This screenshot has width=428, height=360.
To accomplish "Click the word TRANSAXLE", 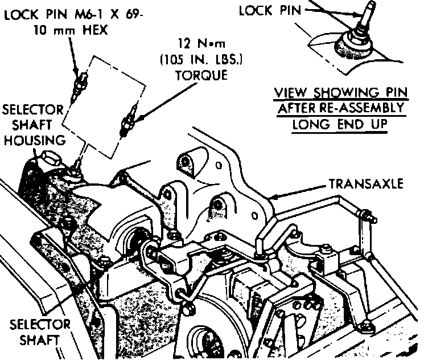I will (368, 185).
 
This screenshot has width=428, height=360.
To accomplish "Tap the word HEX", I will (93, 31).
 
